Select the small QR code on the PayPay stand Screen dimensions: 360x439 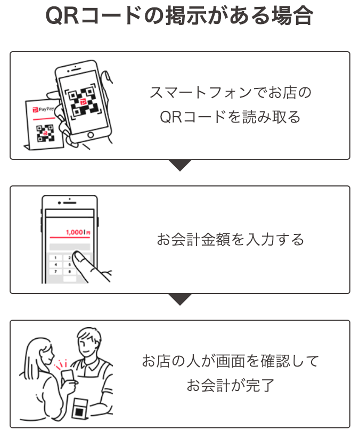coord(46,133)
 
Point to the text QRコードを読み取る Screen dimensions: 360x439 coord(230,117)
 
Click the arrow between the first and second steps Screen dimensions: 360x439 coord(180,165)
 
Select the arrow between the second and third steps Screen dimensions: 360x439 coord(180,299)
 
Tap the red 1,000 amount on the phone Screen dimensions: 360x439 coord(75,232)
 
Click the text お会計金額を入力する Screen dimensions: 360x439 coord(230,239)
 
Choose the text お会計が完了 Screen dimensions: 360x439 coord(230,386)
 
